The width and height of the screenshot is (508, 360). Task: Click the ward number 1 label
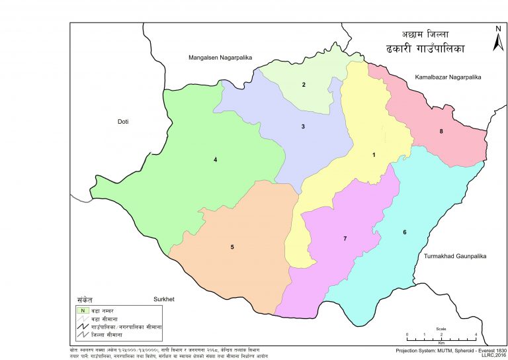(x=374, y=155)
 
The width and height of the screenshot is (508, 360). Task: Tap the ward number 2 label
(x=304, y=85)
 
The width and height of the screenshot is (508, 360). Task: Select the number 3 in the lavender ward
(x=303, y=126)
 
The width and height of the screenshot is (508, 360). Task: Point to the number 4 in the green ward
(x=215, y=159)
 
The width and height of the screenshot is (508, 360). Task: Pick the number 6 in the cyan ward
(x=404, y=232)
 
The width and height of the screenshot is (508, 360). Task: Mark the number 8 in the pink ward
(x=441, y=131)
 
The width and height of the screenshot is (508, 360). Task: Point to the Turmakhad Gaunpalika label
(x=453, y=255)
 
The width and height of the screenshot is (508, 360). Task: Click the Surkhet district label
(x=163, y=299)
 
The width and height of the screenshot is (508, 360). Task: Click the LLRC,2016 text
(x=493, y=355)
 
